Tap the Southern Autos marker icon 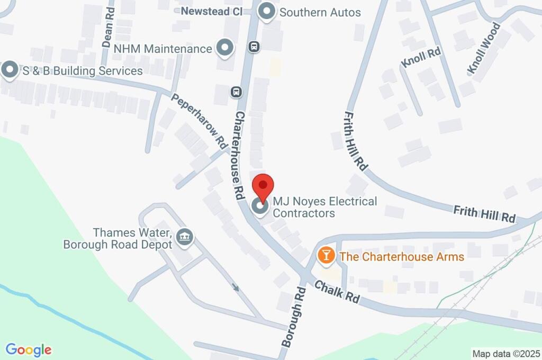267,12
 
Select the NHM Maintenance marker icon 226,48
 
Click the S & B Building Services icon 10,70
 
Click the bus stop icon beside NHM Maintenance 255,47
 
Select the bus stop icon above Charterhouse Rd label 237,92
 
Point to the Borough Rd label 294,317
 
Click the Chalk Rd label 337,292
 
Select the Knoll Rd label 421,57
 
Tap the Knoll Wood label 484,48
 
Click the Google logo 29,350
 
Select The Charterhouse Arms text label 402,257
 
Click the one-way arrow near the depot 236,288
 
